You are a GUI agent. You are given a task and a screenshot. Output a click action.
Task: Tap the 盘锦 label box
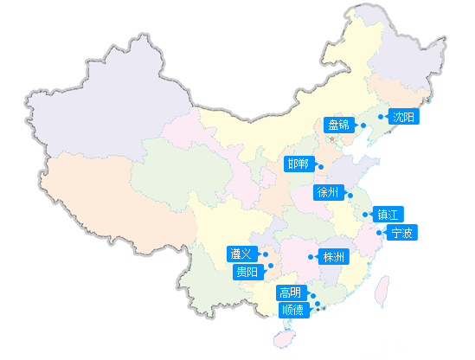click(x=338, y=125)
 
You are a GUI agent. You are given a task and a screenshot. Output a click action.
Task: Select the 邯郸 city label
click(x=299, y=164)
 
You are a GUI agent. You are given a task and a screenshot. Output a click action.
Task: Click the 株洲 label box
click(x=334, y=257)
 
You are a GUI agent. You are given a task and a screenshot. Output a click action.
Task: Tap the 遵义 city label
click(x=241, y=254)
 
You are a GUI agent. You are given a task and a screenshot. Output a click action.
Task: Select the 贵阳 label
click(x=247, y=272)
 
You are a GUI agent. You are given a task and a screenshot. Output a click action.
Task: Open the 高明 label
click(x=291, y=293)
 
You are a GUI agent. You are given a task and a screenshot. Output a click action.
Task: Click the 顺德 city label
click(x=292, y=310)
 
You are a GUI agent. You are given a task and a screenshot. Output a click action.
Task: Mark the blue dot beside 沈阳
click(x=381, y=116)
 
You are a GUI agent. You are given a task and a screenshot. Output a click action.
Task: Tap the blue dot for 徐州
click(x=350, y=195)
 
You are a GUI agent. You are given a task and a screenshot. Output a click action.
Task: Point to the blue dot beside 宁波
click(x=381, y=233)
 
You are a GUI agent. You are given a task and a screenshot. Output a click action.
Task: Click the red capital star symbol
click(x=331, y=138)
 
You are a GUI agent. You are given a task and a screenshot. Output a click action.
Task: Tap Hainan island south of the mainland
click(x=280, y=338)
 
